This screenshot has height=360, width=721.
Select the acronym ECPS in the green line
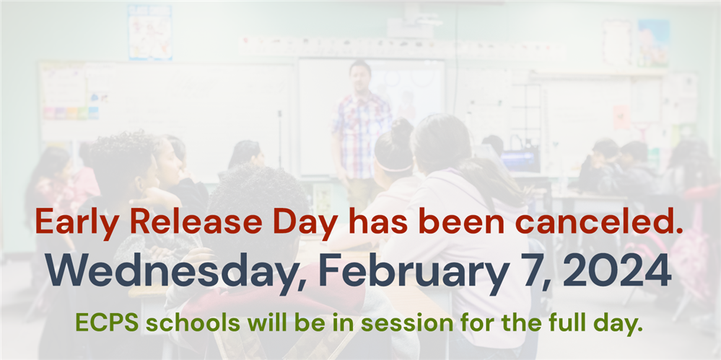[x=107, y=322]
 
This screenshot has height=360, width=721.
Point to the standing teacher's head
[x=361, y=76]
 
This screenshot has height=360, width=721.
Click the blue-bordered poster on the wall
[x=150, y=32]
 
